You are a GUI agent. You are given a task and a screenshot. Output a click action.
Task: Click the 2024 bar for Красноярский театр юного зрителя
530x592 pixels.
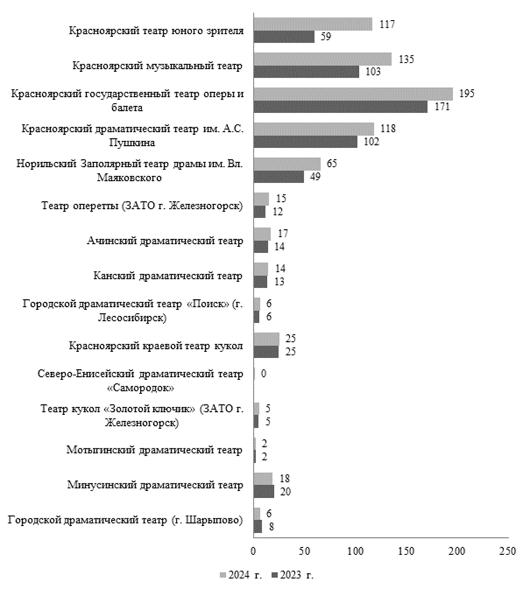313,24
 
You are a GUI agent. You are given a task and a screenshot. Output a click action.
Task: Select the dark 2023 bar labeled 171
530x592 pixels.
340,107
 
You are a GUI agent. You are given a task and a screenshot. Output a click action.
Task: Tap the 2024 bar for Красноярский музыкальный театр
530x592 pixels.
322,59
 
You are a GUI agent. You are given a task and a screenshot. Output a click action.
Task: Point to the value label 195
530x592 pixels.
466,94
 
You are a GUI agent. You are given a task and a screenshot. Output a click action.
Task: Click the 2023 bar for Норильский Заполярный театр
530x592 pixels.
279,177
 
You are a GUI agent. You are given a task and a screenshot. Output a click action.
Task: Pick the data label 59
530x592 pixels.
325,37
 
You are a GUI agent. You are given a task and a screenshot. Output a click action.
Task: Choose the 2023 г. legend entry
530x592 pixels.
292,575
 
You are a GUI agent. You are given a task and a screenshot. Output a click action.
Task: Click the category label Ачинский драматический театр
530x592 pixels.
165,241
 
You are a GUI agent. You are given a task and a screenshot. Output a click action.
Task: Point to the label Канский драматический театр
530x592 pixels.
168,276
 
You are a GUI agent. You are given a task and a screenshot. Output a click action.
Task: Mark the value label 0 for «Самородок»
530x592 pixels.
263,374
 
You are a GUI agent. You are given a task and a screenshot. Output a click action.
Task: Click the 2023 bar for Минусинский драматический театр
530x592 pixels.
264,492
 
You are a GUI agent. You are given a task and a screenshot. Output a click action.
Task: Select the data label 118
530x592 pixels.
388,129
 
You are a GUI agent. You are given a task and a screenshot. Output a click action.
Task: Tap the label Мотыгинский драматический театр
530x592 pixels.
154,450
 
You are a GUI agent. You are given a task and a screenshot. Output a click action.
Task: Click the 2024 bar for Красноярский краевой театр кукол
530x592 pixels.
266,339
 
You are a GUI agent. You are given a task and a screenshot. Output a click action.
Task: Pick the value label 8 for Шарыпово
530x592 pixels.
271,527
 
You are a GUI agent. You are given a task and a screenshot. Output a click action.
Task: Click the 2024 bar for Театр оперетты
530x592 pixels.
261,199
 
